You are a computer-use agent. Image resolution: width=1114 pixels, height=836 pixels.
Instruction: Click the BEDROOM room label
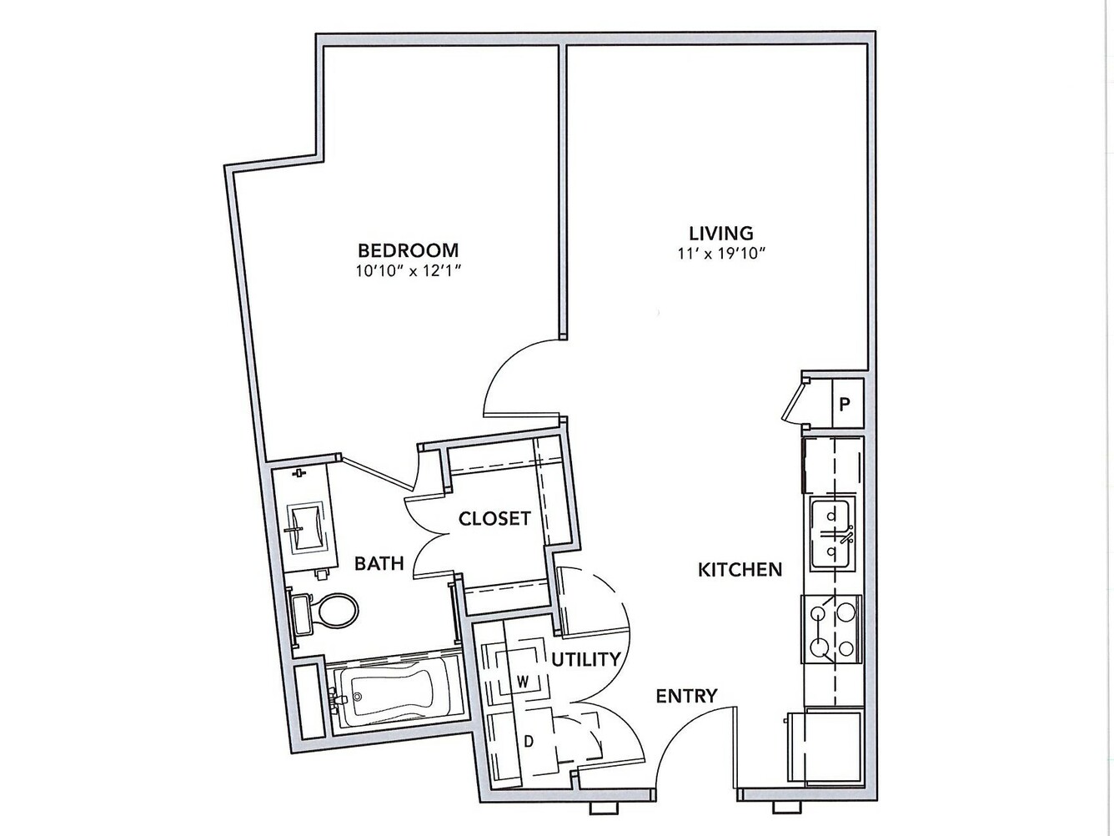click(x=408, y=251)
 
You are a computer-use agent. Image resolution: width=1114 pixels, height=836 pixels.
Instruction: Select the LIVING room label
click(x=720, y=233)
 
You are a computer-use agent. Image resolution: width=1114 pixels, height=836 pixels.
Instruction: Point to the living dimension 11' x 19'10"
click(x=720, y=254)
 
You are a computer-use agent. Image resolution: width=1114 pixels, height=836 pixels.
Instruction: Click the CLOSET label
click(x=494, y=518)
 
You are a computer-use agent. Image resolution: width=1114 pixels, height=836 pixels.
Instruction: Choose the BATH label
click(x=379, y=563)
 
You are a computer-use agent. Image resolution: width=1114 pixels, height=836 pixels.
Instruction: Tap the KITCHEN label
click(x=740, y=570)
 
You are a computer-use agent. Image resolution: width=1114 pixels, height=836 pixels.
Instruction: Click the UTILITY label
click(x=586, y=659)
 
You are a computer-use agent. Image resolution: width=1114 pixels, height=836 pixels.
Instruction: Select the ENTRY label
click(x=687, y=696)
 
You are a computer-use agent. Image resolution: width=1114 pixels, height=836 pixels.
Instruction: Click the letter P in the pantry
click(x=844, y=405)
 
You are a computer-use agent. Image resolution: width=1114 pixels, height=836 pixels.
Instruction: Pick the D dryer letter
click(x=529, y=742)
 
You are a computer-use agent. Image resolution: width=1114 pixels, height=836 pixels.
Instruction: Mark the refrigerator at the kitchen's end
click(x=825, y=742)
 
